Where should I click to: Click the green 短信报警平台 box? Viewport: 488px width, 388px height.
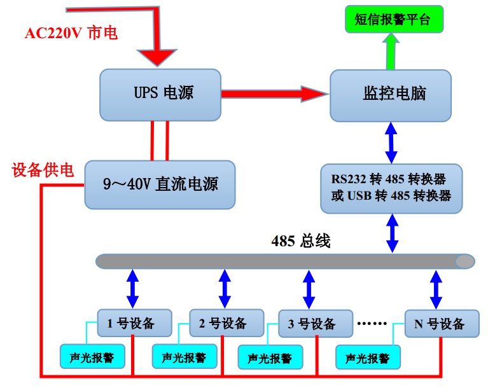point(392,20)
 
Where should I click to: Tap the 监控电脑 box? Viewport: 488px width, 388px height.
point(390,95)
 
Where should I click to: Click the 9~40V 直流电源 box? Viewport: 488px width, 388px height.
point(160,184)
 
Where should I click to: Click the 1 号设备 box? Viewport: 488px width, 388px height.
point(135,322)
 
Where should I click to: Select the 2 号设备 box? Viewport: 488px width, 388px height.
point(227,322)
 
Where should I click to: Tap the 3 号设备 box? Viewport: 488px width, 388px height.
point(316,324)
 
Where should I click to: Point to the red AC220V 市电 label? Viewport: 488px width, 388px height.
point(71,34)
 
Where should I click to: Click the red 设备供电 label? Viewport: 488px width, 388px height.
point(43,170)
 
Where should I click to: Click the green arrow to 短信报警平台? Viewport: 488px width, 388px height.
point(391,51)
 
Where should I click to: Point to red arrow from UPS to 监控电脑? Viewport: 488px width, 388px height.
point(274,94)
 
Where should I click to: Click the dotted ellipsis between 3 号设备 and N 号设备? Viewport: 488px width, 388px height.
point(373,323)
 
